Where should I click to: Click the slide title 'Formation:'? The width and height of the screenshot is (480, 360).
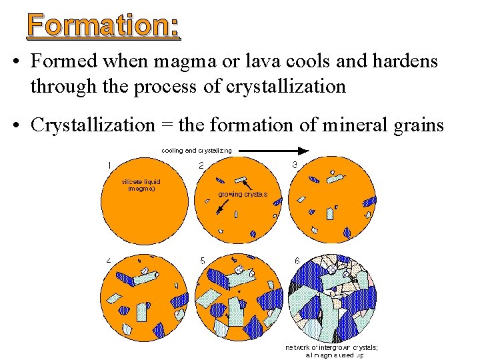tap(103, 26)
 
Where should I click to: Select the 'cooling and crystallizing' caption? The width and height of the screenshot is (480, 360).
tap(197, 151)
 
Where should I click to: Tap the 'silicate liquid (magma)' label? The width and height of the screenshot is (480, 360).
tap(141, 185)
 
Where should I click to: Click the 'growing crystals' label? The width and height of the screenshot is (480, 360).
tap(243, 195)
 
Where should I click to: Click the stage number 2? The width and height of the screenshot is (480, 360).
tap(201, 166)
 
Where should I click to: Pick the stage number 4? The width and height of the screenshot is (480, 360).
tap(109, 259)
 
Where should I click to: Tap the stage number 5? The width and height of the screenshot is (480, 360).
tap(201, 260)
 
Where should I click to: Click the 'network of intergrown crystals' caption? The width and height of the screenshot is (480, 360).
tap(331, 351)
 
